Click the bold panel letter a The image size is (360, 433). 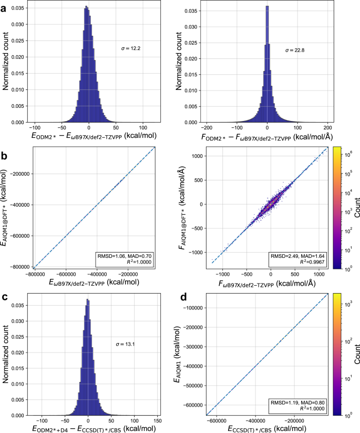coord(5,6)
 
